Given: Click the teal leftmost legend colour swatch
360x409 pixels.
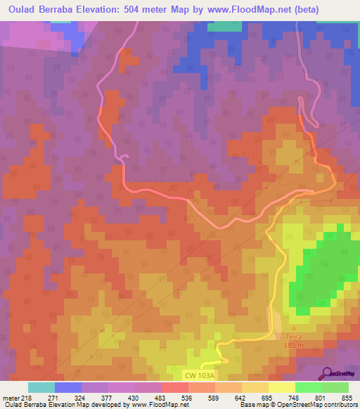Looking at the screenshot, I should coord(41,387).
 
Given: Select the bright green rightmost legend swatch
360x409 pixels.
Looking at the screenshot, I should coord(335,387).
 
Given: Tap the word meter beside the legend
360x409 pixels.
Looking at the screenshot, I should coord(11,398).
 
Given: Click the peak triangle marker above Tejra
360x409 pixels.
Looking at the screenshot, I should coord(294,327).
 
